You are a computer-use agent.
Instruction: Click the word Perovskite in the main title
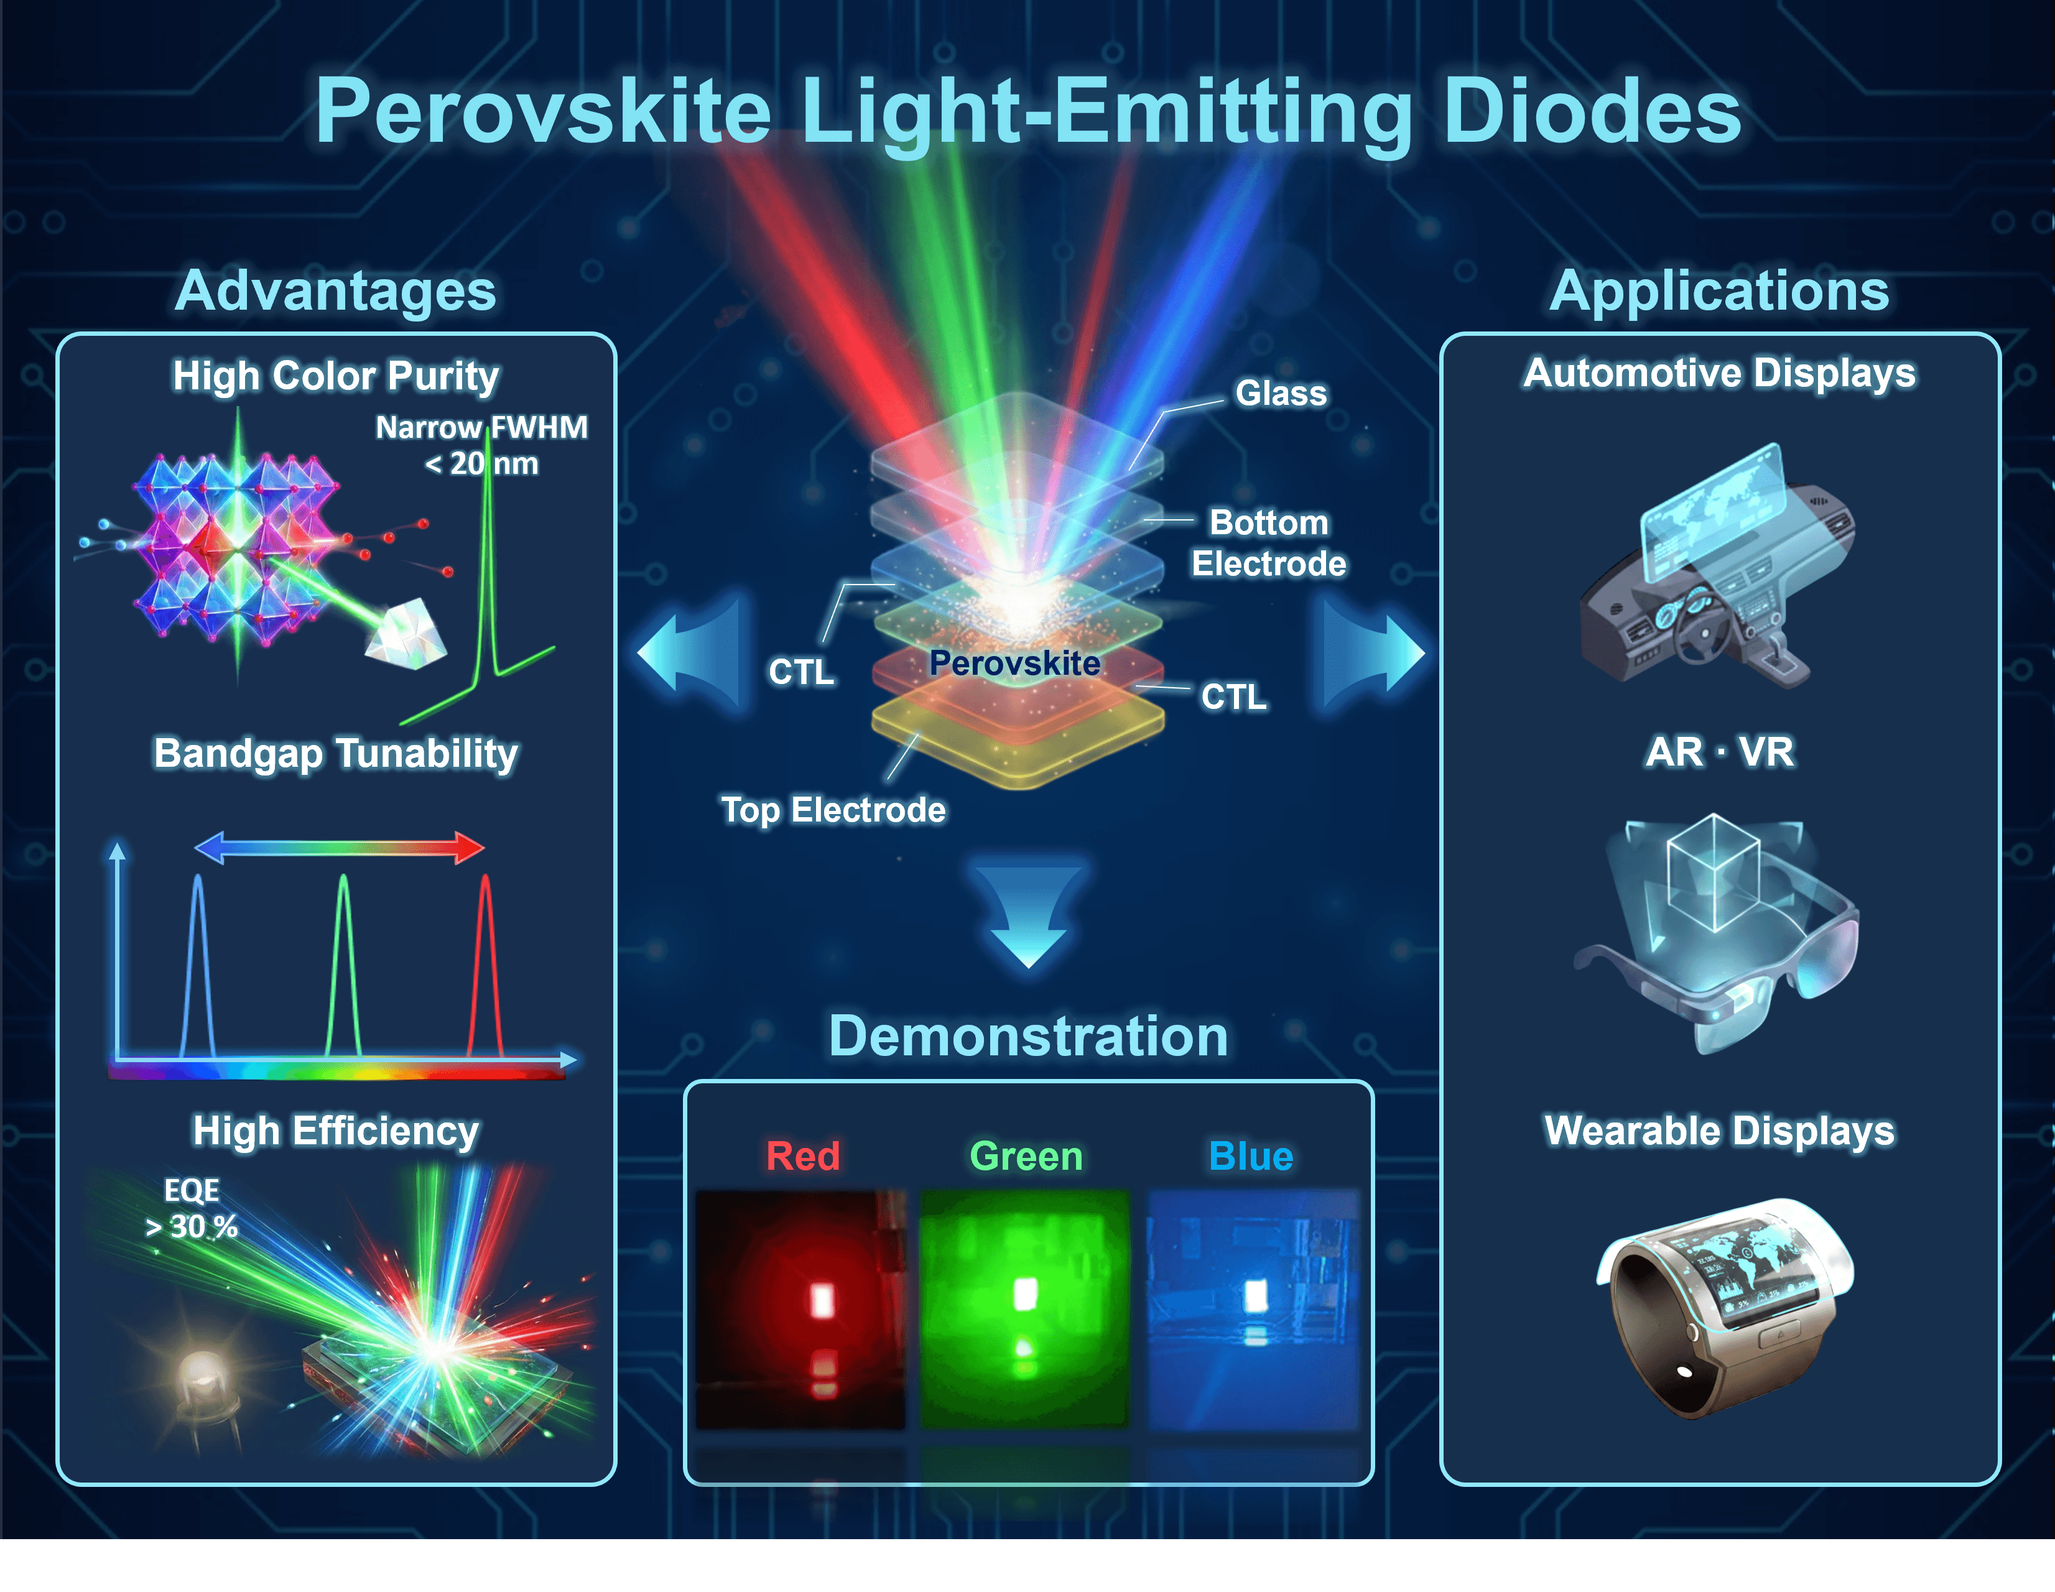tap(543, 113)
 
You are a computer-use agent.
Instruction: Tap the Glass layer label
tap(1281, 393)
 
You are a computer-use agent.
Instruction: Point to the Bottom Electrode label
tap(1268, 543)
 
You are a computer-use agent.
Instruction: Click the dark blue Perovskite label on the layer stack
tap(1014, 664)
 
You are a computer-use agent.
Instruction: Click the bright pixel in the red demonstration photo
tap(822, 1300)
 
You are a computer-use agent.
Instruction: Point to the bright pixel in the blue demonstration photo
tap(1255, 1295)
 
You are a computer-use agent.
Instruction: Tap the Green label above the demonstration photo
tap(1026, 1156)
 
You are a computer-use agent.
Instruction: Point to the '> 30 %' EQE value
tap(191, 1227)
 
